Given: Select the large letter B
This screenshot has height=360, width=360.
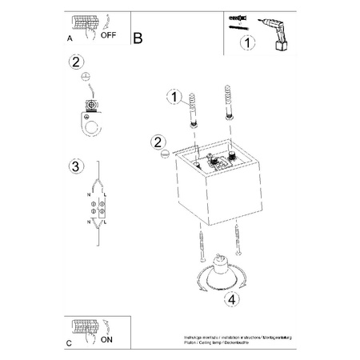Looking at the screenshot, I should click(x=138, y=37).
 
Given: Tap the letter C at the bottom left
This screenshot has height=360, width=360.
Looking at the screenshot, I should click(x=68, y=342).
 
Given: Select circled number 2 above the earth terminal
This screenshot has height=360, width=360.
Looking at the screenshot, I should click(x=77, y=62).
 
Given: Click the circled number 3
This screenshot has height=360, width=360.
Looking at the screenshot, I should click(x=74, y=166).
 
